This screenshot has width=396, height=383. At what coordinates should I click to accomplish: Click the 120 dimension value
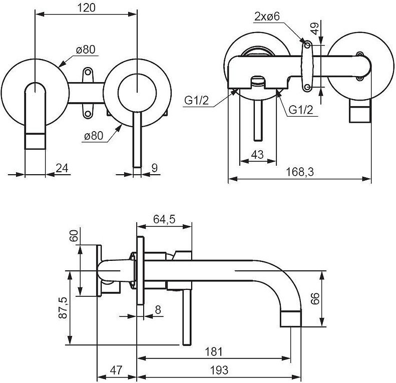[86, 7]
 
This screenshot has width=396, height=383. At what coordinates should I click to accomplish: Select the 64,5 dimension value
[164, 219]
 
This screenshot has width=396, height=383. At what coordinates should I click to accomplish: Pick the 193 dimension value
[219, 370]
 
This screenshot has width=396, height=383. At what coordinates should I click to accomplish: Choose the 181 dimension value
[214, 351]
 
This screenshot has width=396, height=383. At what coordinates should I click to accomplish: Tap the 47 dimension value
[116, 370]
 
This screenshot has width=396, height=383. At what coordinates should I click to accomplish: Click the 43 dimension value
[257, 155]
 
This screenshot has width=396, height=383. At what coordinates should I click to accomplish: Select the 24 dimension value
[62, 168]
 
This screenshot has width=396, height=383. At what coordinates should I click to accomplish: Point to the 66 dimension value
[315, 299]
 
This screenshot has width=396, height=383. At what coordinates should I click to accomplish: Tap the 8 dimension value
[158, 310]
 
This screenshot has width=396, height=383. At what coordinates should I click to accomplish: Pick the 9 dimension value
[154, 168]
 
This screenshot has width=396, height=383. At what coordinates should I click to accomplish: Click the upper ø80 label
[86, 50]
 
